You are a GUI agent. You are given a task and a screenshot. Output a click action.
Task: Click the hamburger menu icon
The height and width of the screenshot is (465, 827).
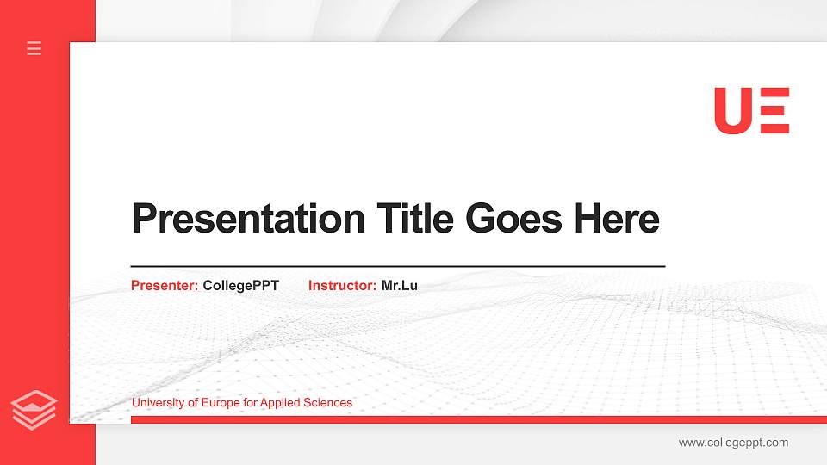click(x=34, y=48)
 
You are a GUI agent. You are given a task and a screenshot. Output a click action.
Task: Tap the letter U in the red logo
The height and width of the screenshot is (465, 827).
click(x=733, y=111)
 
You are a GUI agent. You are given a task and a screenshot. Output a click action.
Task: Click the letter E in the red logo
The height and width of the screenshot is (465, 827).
click(x=774, y=111)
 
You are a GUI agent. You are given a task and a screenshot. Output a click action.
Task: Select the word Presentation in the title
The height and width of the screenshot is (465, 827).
click(x=248, y=219)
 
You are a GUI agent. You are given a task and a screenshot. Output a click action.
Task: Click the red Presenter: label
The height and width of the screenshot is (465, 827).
click(x=165, y=285)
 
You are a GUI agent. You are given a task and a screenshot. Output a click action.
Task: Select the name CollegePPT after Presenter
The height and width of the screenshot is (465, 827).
click(x=240, y=285)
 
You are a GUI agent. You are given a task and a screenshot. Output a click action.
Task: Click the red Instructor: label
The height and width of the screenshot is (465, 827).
click(x=342, y=285)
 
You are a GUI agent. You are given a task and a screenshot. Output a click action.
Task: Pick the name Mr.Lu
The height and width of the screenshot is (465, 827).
click(x=399, y=285)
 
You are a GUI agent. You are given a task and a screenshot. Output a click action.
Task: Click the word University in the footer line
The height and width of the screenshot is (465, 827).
click(x=159, y=403)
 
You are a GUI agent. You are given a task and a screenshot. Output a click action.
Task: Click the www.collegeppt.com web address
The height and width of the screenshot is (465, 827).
click(x=733, y=443)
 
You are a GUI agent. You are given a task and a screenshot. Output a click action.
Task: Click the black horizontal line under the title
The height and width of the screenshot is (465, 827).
click(x=398, y=266)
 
